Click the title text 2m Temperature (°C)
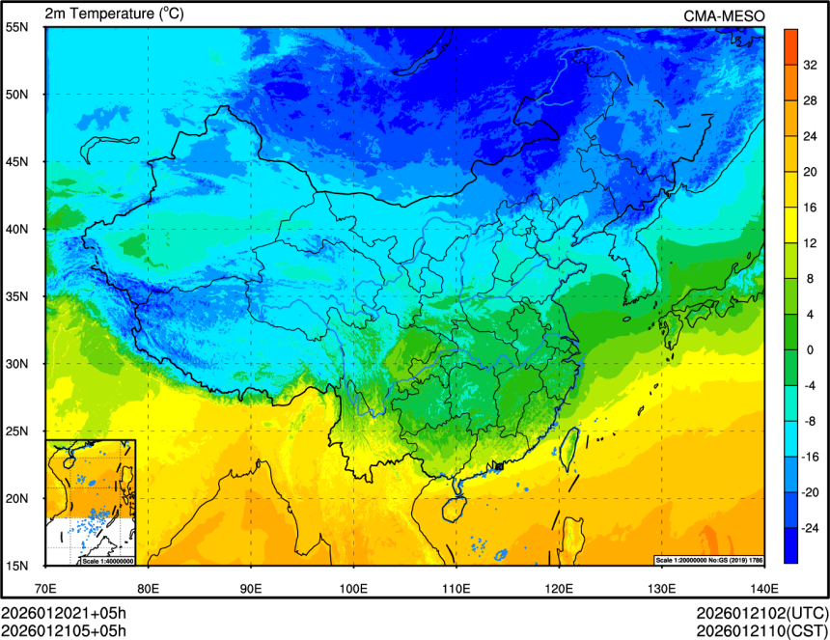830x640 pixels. click(114, 14)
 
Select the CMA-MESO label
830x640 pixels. click(724, 14)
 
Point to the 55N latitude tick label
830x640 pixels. click(16, 27)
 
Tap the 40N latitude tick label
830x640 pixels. click(16, 229)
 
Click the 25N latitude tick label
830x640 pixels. click(16, 431)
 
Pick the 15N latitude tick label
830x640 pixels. click(16, 565)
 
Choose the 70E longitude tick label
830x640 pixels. click(45, 588)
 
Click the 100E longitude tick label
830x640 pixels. click(353, 588)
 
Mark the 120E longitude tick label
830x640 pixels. click(558, 588)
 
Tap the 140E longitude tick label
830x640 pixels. click(763, 588)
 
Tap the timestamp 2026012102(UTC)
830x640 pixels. click(761, 614)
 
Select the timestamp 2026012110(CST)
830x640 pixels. click(761, 631)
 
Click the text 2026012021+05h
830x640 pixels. click(64, 614)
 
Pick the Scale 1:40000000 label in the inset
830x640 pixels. click(106, 561)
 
